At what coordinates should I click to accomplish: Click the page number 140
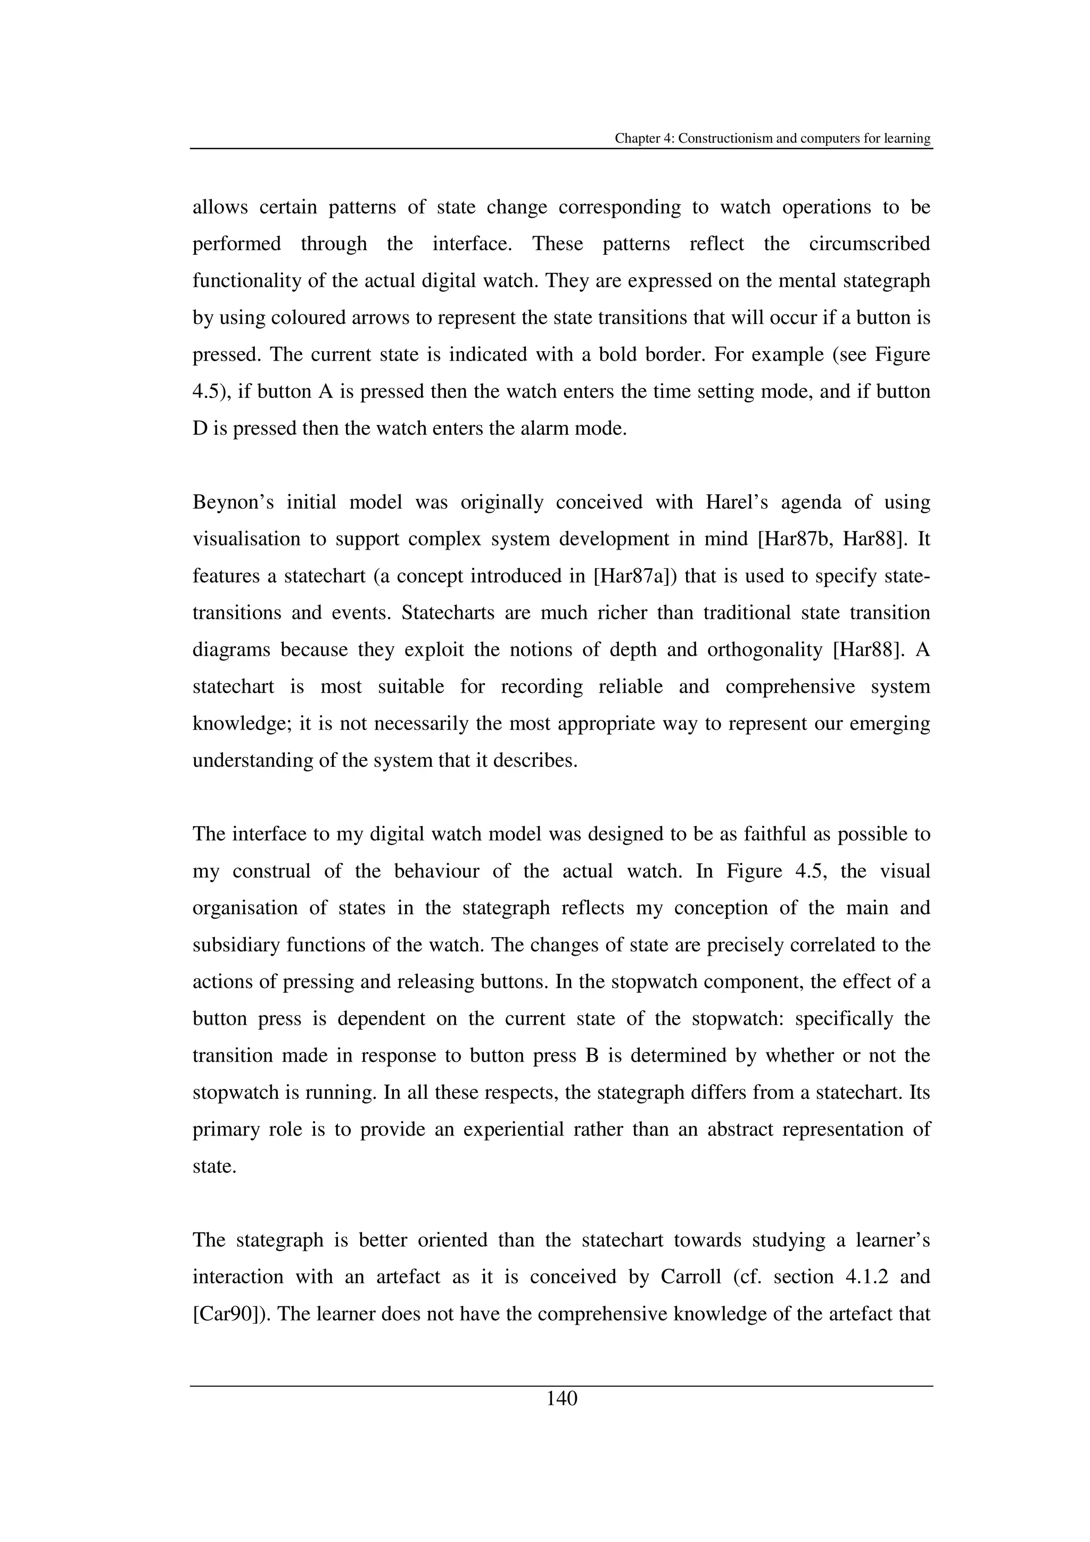(x=561, y=1399)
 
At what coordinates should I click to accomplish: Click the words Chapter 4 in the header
(x=644, y=138)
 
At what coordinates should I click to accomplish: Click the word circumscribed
(x=869, y=244)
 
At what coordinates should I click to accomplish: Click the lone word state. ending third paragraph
(x=214, y=1166)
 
